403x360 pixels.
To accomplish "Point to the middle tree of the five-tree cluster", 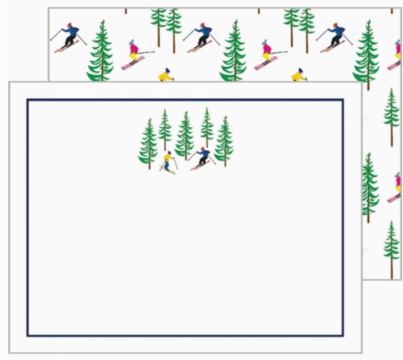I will click(x=185, y=135).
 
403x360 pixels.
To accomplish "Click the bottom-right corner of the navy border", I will click(x=342, y=335).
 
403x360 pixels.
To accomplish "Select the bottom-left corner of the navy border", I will click(x=28, y=335).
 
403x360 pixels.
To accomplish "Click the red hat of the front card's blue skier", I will click(x=203, y=149).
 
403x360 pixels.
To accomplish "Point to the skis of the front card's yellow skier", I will click(x=169, y=170).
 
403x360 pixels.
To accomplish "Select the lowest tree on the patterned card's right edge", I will click(x=391, y=248).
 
